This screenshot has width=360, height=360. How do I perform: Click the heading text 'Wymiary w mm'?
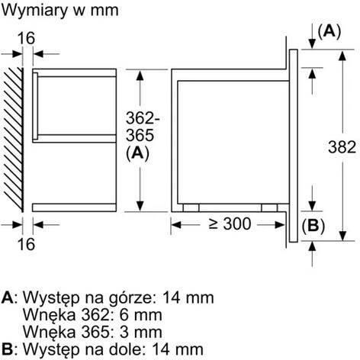tap(60, 11)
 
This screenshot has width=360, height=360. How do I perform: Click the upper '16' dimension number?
tap(26, 38)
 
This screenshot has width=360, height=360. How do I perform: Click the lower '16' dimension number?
tap(26, 244)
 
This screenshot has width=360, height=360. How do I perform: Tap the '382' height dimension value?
tap(342, 147)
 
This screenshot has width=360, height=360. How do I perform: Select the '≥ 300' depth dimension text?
tap(230, 224)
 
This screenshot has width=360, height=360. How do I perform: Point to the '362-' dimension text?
tap(143, 118)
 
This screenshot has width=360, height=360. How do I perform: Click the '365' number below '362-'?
tap(140, 135)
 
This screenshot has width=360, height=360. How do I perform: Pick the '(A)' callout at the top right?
tap(329, 31)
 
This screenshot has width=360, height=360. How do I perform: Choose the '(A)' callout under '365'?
tap(137, 153)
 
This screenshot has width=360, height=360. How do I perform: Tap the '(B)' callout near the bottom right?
tap(313, 226)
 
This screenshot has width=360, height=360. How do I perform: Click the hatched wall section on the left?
tap(13, 140)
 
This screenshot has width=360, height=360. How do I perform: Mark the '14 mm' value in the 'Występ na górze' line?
tap(188, 297)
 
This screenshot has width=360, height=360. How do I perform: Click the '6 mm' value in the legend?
tap(140, 315)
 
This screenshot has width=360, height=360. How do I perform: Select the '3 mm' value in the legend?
tap(140, 332)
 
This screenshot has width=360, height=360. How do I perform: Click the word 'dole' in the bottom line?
tap(127, 349)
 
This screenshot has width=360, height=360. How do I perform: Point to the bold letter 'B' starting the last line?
tap(7, 349)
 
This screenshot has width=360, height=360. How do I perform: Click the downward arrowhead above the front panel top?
tap(312, 43)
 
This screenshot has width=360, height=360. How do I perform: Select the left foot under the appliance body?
tap(191, 207)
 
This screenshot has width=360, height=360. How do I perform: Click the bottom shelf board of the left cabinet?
tap(74, 207)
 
